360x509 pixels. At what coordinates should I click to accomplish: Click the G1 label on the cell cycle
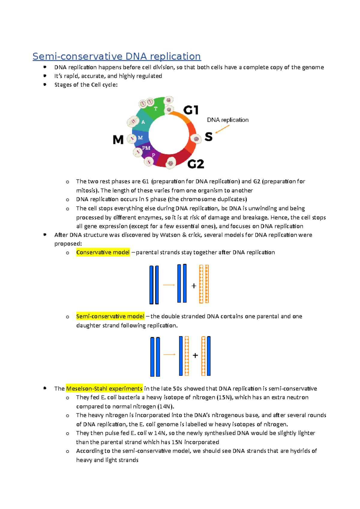tap(191, 110)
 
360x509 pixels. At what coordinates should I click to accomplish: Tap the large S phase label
tap(208, 137)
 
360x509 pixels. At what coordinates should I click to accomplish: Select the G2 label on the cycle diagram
tap(196, 164)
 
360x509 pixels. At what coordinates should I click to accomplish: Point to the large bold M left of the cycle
tap(118, 139)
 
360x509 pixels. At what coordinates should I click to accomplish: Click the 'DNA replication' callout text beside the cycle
tap(228, 120)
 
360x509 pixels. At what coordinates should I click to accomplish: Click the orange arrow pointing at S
tap(222, 129)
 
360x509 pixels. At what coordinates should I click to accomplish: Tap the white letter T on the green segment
tap(156, 109)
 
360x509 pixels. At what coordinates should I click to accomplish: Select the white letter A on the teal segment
tap(143, 122)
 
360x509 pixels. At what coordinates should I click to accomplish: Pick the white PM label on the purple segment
tap(146, 148)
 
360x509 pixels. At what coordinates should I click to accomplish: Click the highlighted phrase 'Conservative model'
tap(103, 252)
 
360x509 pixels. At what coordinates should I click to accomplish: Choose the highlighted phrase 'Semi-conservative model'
tap(110, 316)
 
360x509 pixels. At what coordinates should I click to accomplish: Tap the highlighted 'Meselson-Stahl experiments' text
tap(104, 388)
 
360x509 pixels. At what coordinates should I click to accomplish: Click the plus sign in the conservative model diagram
tap(194, 286)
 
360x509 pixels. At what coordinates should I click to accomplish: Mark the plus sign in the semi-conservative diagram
tap(195, 356)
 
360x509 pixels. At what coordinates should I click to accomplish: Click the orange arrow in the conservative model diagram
tap(169, 285)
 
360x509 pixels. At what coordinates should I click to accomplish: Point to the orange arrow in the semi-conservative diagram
tap(169, 355)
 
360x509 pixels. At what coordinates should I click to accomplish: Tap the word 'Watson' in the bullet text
tap(170, 235)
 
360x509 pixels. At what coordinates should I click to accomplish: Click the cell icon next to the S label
tap(196, 139)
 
